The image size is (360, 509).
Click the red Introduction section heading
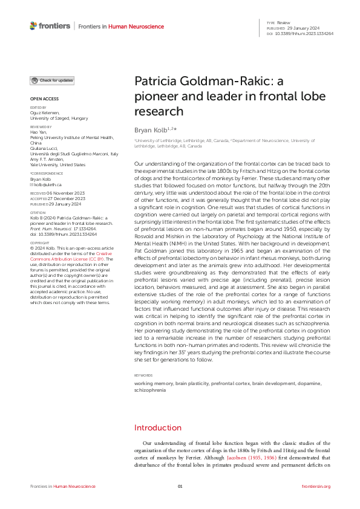point(157,427)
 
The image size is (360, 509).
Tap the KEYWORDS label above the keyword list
point(143,375)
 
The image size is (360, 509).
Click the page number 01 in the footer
point(180,487)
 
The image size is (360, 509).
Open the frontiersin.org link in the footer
point(316,487)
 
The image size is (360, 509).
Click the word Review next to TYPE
point(283,22)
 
